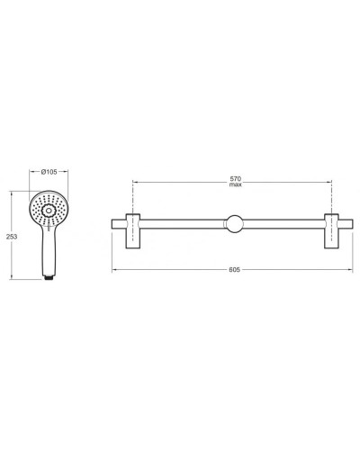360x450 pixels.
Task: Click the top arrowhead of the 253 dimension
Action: click(13, 190)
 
